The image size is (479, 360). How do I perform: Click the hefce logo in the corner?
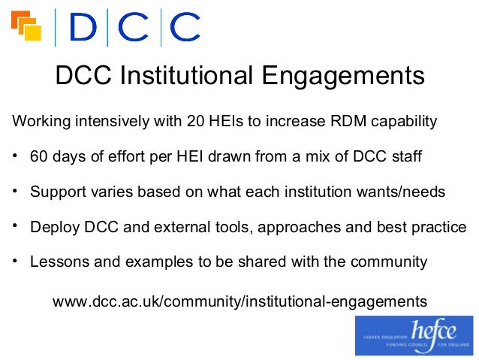(414, 335)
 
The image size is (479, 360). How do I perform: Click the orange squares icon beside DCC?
(26, 27)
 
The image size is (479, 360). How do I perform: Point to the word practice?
(438, 227)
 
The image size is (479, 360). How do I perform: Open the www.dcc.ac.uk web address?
(239, 301)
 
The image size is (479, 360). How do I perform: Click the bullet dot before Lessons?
(15, 262)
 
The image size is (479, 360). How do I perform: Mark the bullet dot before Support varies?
(15, 192)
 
